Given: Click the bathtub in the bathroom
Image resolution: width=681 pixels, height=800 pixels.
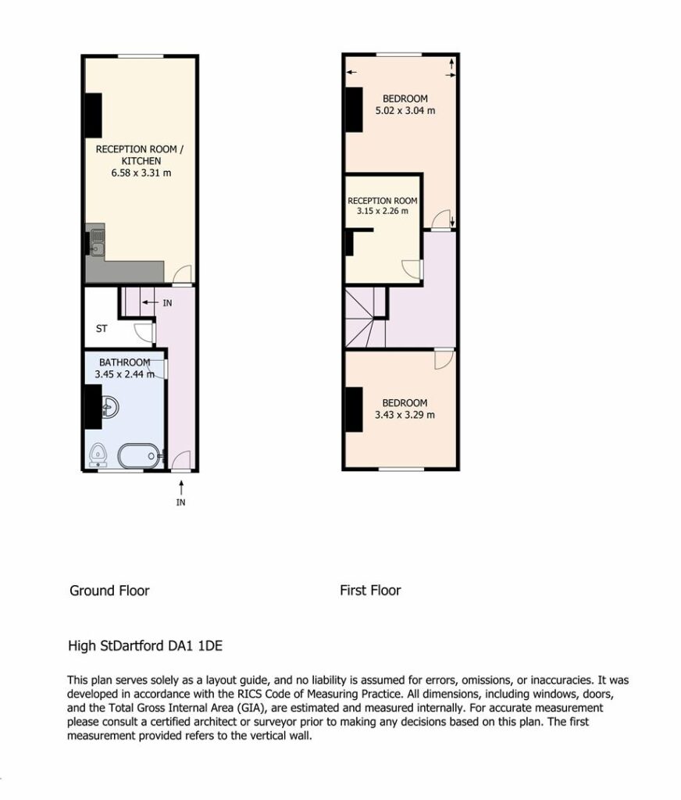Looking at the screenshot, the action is [139, 455].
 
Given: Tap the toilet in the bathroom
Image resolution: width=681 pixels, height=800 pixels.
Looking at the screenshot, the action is [98, 455].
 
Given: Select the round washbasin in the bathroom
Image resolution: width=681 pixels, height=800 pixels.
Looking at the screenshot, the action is [109, 407].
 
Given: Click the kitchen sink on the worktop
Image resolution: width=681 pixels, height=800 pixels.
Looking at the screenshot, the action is [97, 242].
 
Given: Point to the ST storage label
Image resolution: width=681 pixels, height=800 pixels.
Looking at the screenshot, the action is [102, 329].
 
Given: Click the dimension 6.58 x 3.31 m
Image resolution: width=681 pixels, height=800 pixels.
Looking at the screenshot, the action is [141, 173].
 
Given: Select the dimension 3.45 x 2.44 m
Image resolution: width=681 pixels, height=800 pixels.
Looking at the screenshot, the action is [124, 374].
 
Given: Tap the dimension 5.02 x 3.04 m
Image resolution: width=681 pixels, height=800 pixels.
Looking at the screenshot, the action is [405, 110].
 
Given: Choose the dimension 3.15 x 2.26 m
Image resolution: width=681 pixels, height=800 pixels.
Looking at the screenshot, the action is [383, 211].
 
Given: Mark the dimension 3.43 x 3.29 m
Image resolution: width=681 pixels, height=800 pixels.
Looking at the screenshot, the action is [405, 415].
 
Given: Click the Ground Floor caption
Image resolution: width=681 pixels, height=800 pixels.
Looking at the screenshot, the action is [109, 591].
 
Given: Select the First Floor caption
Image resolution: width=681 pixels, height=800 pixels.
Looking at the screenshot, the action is [370, 591].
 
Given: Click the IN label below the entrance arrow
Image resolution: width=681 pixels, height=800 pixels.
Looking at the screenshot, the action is [180, 502].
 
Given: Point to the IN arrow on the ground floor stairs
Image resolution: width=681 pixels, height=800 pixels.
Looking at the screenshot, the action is [150, 302].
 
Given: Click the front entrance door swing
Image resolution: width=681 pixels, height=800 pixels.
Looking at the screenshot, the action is [180, 459].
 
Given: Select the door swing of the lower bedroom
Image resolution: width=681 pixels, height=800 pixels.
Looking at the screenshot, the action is [444, 359].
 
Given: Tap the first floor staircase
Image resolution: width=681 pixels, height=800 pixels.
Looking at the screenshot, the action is [365, 317].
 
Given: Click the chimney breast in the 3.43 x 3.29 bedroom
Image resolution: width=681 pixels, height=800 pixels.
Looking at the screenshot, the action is [354, 409].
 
